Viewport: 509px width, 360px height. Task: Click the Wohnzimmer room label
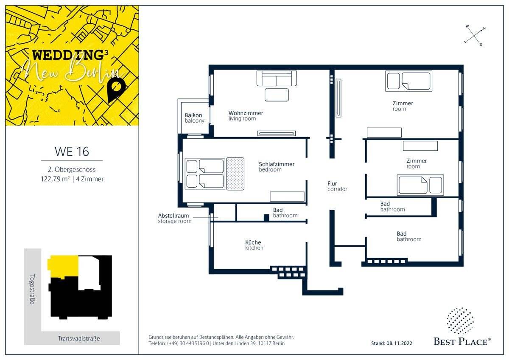(246, 116)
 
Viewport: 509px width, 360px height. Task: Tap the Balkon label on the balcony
(195, 118)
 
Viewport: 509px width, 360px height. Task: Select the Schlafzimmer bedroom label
(277, 167)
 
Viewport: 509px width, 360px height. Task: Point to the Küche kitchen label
(254, 245)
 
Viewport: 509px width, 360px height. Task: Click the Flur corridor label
(337, 186)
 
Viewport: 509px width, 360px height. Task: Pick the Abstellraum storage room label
(175, 218)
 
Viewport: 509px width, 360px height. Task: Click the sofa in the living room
(277, 78)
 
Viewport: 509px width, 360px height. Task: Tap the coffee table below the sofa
(277, 95)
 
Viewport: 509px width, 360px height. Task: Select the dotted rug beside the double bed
(235, 174)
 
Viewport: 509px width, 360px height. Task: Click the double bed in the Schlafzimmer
(205, 174)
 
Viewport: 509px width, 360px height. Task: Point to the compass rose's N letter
(484, 28)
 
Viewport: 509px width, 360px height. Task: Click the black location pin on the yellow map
(116, 90)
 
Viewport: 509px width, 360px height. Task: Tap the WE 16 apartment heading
(72, 152)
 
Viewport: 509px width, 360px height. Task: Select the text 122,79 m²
(55, 179)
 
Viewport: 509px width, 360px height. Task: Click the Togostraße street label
(33, 289)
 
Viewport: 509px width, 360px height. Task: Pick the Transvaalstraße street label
(78, 338)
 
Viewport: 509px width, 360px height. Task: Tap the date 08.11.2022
(399, 343)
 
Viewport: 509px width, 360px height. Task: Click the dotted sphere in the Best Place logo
(460, 321)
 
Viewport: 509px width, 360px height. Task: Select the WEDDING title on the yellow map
(68, 55)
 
